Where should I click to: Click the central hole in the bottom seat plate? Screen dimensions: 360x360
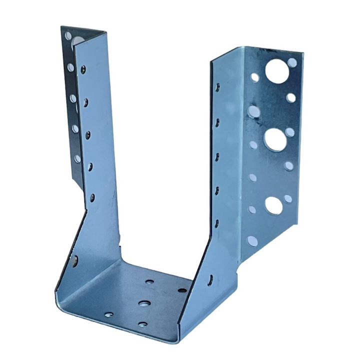[144, 303]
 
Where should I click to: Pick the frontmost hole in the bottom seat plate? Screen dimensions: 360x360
[142, 324]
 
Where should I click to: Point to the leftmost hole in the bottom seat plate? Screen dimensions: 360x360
[108, 315]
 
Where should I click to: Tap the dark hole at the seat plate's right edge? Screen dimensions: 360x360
[182, 290]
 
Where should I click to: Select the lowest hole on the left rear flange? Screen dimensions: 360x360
[77, 158]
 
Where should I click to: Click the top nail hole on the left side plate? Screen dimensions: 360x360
[83, 69]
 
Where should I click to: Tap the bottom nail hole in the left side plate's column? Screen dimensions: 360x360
[92, 197]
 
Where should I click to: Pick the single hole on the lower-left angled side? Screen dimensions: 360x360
[75, 259]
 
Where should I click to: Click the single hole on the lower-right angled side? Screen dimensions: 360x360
[210, 279]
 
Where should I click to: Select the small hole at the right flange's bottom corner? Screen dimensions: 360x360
[251, 241]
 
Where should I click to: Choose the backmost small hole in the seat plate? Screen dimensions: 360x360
[149, 281]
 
